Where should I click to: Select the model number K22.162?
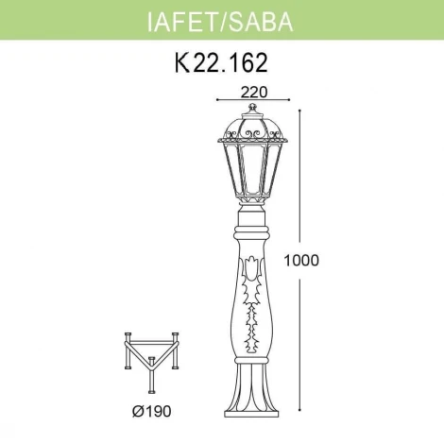(x=221, y=63)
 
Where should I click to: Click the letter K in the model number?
(x=183, y=63)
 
